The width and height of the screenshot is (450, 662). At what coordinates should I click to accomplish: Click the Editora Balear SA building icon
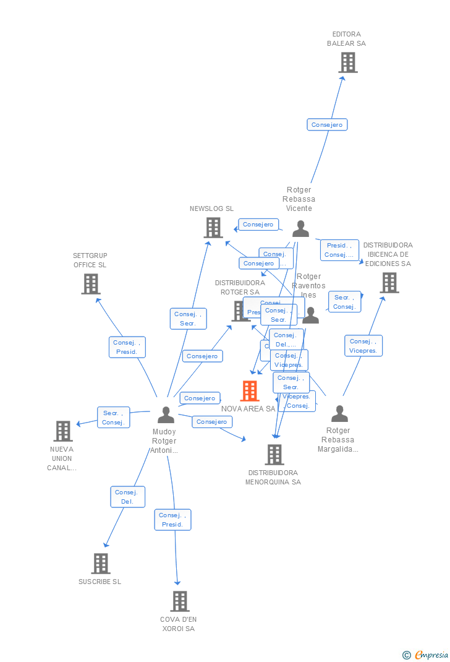click(348, 62)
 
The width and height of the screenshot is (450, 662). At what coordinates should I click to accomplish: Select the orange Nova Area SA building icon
click(250, 391)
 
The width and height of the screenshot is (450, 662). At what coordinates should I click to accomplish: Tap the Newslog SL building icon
click(213, 228)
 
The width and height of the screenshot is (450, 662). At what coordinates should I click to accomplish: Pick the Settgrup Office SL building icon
click(91, 284)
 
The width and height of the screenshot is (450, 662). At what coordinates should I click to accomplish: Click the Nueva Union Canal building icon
click(63, 431)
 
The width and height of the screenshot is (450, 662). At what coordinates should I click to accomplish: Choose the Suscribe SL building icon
click(101, 564)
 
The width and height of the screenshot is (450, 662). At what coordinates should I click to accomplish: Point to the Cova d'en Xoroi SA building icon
click(180, 601)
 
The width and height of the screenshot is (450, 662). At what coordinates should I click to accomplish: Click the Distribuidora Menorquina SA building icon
click(274, 455)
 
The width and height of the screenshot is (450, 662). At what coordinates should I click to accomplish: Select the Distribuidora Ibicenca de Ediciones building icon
click(389, 283)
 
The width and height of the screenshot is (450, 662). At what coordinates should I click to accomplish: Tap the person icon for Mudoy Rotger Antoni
click(166, 415)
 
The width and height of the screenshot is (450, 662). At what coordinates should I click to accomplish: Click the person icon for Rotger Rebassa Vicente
click(300, 229)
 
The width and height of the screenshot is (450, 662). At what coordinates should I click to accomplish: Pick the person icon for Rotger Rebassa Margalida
click(339, 413)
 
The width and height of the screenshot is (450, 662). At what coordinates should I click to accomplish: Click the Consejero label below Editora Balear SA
click(327, 125)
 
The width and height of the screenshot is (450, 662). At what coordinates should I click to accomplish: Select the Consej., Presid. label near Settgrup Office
click(127, 347)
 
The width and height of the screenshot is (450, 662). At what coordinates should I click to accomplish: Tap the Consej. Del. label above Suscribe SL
click(128, 497)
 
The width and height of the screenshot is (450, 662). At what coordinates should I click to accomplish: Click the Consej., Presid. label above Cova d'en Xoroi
click(172, 520)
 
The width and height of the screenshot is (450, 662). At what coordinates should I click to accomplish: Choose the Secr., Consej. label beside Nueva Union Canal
click(113, 418)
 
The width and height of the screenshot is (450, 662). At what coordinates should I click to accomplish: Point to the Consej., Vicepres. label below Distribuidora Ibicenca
click(363, 346)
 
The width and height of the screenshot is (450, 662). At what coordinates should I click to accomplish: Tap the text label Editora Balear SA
click(346, 39)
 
